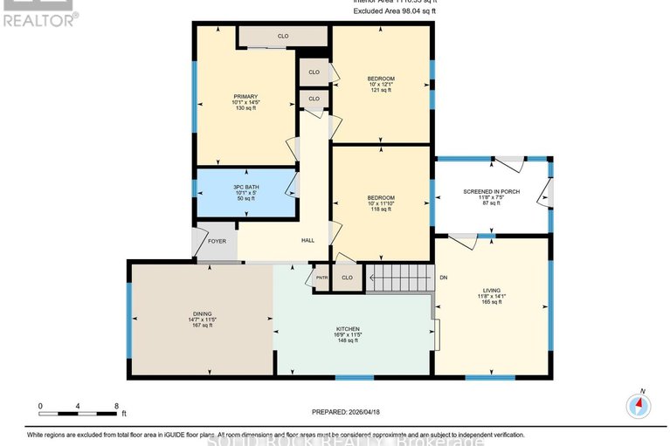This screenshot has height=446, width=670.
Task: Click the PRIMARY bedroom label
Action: pos(245,96)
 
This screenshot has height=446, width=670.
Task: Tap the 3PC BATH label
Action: pos(245,187)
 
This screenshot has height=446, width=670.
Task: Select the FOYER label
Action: pos(218,241)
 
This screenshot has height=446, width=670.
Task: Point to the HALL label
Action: pos(307,241)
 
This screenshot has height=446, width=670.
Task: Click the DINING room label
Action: pos(202,313)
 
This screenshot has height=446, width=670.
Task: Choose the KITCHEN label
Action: pos(348,329)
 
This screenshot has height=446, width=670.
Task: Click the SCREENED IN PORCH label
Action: pos(492,191)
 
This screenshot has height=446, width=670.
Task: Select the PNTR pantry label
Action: pos(320,278)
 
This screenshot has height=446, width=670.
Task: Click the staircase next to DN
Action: pos(399,278)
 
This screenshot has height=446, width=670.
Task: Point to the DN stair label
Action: pos(443,278)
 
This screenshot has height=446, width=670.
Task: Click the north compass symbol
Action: pos(639,406)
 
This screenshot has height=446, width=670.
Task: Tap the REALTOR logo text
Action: pos(40,17)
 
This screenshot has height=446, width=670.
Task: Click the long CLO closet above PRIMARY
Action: pos(283,36)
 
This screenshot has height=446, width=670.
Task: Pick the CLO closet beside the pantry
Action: pos(347,278)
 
